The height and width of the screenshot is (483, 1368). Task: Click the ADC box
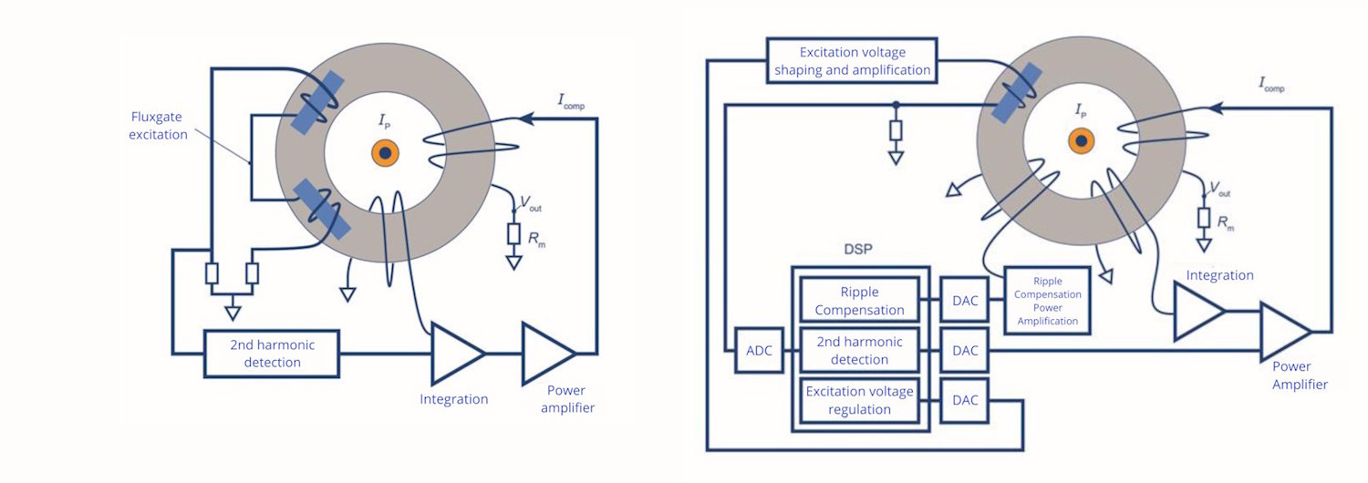coord(759,351)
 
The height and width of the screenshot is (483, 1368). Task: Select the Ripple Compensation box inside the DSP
coord(859,301)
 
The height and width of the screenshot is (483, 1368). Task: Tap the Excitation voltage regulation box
coord(859,400)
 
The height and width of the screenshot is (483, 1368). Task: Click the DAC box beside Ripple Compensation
coord(965,301)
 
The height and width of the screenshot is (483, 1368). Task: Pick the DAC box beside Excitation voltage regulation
coord(965,400)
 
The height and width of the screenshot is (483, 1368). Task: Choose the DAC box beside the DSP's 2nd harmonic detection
coord(965,351)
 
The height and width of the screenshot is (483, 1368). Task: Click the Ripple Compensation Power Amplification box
coord(1047,301)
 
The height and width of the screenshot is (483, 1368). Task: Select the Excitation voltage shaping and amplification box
coord(852,60)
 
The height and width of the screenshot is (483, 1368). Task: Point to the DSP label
coord(858,249)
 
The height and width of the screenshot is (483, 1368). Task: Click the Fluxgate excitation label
coord(158,125)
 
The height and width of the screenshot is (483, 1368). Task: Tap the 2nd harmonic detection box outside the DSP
coord(272,354)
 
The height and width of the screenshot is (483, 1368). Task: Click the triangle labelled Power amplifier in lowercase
coord(548,353)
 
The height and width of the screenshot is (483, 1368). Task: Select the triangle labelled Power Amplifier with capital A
coord(1286,332)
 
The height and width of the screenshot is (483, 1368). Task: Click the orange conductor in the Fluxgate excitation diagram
coord(386,153)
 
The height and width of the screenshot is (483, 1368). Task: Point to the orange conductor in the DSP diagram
coord(1082,141)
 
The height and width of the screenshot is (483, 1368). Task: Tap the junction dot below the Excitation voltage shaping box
coord(896,105)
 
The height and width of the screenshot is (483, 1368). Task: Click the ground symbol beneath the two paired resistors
coord(232,313)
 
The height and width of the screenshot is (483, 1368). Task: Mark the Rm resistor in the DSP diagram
coord(1204,218)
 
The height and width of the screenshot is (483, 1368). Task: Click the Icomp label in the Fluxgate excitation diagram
coord(571,101)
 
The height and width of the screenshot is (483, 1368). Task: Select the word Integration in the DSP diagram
coord(1219,275)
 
